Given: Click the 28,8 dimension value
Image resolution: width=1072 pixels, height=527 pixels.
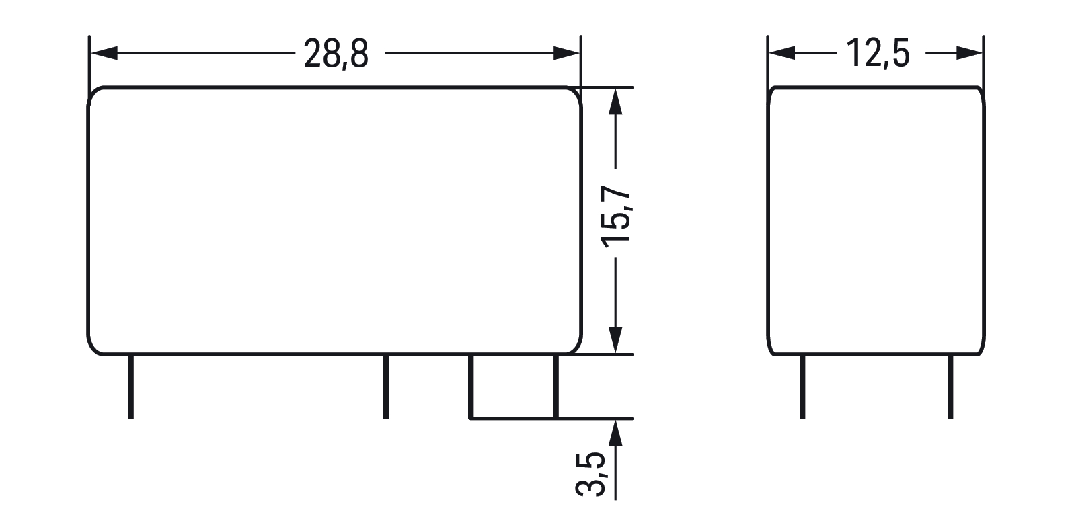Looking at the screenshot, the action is click(336, 54).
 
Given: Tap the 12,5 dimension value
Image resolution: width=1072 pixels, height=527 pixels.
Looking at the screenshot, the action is click(878, 53).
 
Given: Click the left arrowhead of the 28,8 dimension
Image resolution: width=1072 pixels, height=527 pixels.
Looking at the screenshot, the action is click(104, 53).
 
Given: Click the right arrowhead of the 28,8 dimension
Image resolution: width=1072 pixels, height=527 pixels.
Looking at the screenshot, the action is click(566, 53).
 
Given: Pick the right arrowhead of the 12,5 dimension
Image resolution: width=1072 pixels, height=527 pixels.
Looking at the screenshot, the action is click(969, 53).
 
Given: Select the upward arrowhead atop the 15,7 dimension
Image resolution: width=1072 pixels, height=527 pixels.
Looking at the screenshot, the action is click(615, 102).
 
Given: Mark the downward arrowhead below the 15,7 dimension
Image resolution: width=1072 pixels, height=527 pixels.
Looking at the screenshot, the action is click(615, 340).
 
